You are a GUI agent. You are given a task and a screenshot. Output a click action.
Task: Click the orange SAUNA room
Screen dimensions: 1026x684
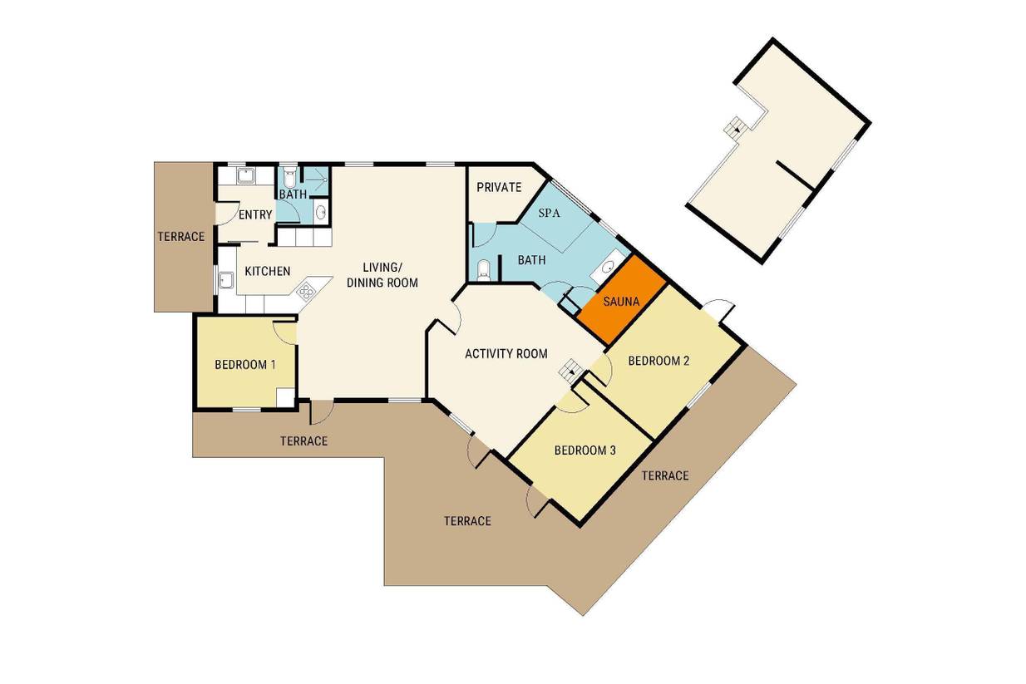pyautogui.click(x=621, y=300)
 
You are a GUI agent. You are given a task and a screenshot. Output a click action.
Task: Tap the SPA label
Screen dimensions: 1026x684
pyautogui.click(x=549, y=213)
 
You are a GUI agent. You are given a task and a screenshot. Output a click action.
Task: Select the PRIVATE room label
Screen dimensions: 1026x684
pyautogui.click(x=499, y=187)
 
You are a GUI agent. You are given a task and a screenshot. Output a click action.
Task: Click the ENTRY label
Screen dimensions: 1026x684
pyautogui.click(x=255, y=214)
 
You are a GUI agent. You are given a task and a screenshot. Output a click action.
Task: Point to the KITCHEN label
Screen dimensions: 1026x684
pyautogui.click(x=268, y=272)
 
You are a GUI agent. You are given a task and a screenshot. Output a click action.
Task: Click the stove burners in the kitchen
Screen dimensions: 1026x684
pyautogui.click(x=305, y=291)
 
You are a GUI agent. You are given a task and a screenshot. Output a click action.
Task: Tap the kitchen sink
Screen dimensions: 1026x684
pyautogui.click(x=226, y=280)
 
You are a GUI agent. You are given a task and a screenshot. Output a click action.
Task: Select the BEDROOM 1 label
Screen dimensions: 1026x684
pyautogui.click(x=245, y=364)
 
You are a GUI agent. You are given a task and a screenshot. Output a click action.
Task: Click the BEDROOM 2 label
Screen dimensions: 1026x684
pyautogui.click(x=659, y=361)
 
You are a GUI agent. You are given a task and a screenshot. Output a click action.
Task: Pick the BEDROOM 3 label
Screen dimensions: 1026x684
pyautogui.click(x=585, y=450)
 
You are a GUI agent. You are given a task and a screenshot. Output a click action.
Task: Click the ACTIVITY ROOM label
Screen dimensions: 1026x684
pyautogui.click(x=506, y=353)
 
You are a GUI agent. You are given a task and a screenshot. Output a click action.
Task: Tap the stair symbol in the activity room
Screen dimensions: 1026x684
pyautogui.click(x=571, y=370)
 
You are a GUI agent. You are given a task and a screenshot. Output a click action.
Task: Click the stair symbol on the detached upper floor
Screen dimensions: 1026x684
pyautogui.click(x=736, y=127)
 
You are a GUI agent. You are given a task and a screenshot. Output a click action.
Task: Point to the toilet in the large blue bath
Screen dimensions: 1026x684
pyautogui.click(x=484, y=269)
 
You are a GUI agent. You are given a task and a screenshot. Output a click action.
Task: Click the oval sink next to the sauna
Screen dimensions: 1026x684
pyautogui.click(x=608, y=266)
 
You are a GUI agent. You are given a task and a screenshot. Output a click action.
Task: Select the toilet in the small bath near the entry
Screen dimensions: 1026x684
pyautogui.click(x=289, y=175)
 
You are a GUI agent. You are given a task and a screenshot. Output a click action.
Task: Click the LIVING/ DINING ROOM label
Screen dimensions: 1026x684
pyautogui.click(x=382, y=275)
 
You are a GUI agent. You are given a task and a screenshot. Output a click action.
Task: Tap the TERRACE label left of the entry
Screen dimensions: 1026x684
pyautogui.click(x=181, y=237)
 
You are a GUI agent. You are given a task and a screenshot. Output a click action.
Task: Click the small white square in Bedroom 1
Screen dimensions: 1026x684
pyautogui.click(x=285, y=396)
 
